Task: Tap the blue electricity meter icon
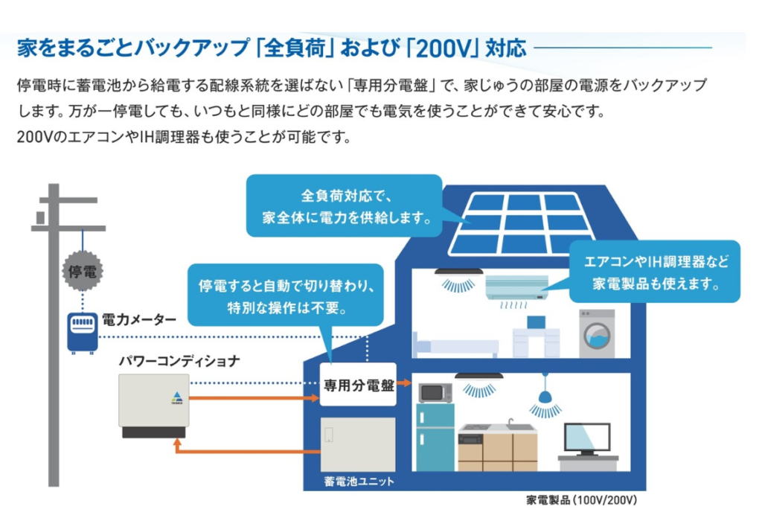pyautogui.click(x=82, y=331)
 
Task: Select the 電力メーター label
pyautogui.click(x=139, y=320)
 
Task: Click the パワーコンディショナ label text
pyautogui.click(x=179, y=361)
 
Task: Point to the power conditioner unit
pyautogui.click(x=153, y=406)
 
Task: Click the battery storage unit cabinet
pyautogui.click(x=357, y=444)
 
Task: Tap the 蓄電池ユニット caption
pyautogui.click(x=359, y=482)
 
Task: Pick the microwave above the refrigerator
pyautogui.click(x=435, y=392)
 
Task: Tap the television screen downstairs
pyautogui.click(x=587, y=438)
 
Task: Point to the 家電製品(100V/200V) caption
pyautogui.click(x=581, y=500)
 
